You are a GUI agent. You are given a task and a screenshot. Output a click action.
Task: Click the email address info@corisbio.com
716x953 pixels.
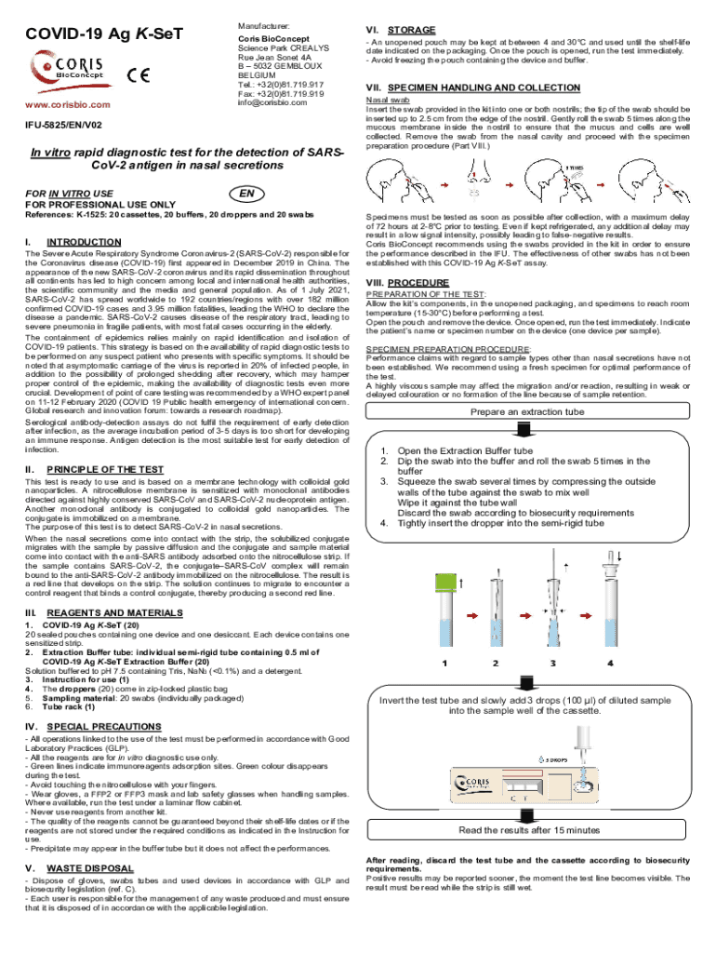tap(277, 102)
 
